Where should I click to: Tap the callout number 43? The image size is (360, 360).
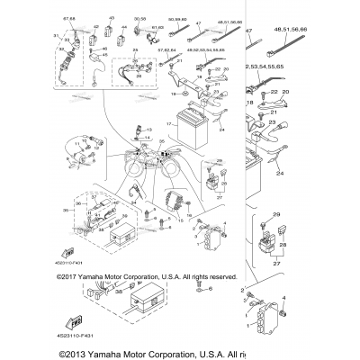click(x=111, y=16)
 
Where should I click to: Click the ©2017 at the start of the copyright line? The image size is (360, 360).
click(x=68, y=278)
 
